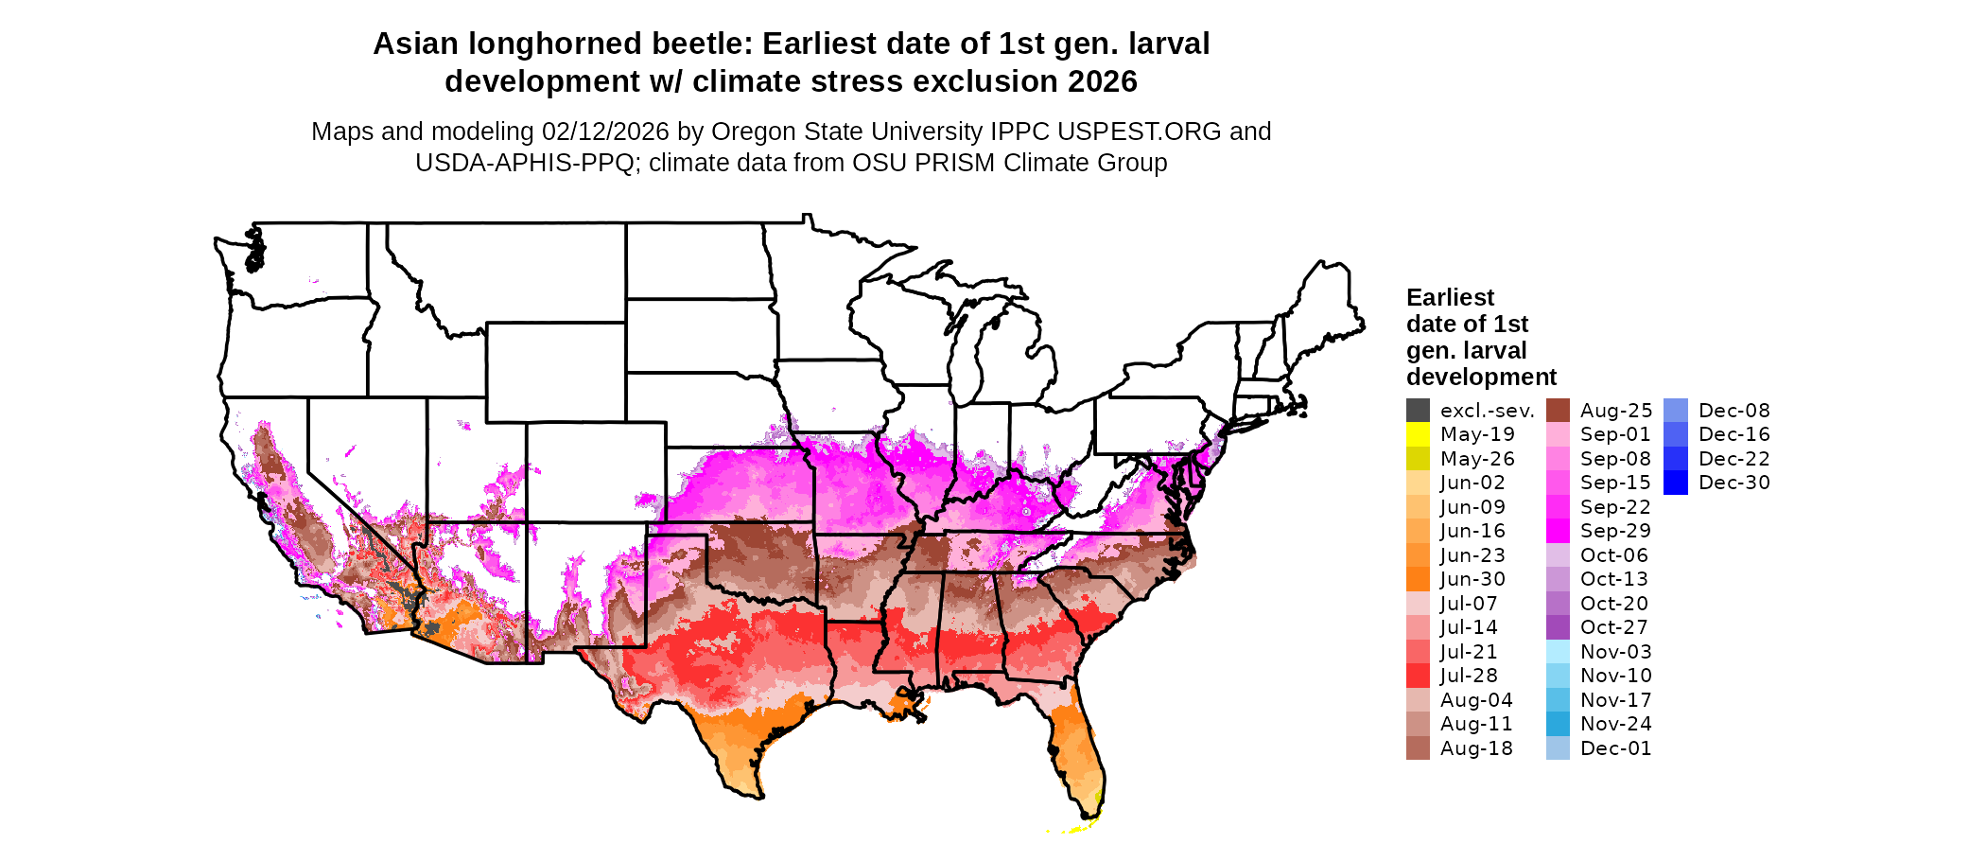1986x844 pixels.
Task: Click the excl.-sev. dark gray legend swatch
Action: click(x=1418, y=411)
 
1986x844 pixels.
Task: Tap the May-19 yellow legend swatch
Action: click(x=1418, y=434)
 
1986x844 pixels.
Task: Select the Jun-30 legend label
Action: click(x=1472, y=579)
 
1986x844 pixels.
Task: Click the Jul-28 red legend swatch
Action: click(x=1418, y=676)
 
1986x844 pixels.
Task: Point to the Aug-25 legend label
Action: click(x=1616, y=411)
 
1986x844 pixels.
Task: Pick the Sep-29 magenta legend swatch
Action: click(x=1558, y=531)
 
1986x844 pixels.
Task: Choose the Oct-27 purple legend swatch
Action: click(x=1558, y=627)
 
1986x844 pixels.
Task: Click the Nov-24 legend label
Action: click(x=1616, y=724)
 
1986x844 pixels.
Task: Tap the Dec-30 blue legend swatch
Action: click(x=1675, y=483)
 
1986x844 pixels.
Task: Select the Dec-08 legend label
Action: click(x=1734, y=411)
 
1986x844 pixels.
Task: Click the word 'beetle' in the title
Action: click(x=702, y=44)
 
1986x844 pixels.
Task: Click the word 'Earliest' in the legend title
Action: click(x=1450, y=298)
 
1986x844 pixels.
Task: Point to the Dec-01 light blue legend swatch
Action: click(x=1558, y=748)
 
